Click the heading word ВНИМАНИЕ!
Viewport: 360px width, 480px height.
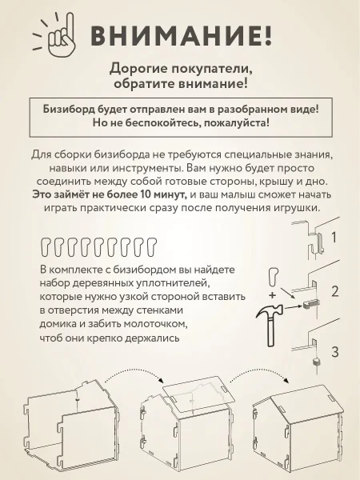click(180, 36)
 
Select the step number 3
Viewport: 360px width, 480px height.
click(334, 350)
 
